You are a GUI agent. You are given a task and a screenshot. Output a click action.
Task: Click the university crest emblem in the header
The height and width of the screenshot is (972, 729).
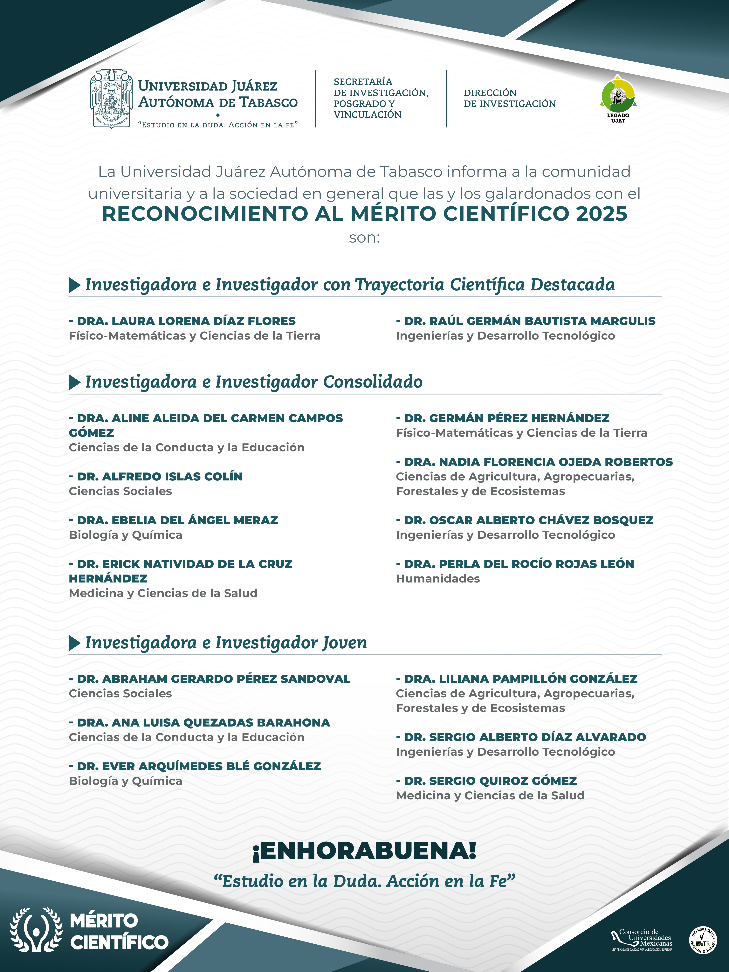(111, 98)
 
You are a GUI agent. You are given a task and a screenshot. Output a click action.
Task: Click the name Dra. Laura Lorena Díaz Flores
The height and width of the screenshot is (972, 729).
(182, 321)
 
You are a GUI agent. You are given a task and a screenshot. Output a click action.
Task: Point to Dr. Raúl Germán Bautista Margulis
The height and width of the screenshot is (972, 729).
(526, 321)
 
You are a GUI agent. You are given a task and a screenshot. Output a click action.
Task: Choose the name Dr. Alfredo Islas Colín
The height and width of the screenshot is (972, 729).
(156, 476)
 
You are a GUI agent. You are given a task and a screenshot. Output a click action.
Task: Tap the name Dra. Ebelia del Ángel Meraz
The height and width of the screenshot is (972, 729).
(174, 520)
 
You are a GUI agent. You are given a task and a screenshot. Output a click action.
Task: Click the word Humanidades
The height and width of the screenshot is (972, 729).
(438, 579)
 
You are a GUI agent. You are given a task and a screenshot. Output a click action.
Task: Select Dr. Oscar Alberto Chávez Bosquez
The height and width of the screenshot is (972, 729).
(525, 520)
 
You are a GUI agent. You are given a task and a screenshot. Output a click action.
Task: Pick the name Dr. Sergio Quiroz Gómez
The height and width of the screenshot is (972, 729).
(486, 781)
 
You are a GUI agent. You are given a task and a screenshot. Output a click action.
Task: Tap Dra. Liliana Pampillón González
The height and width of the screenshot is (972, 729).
(517, 679)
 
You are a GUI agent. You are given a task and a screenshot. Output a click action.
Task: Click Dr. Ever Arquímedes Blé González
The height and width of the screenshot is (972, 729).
(195, 766)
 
